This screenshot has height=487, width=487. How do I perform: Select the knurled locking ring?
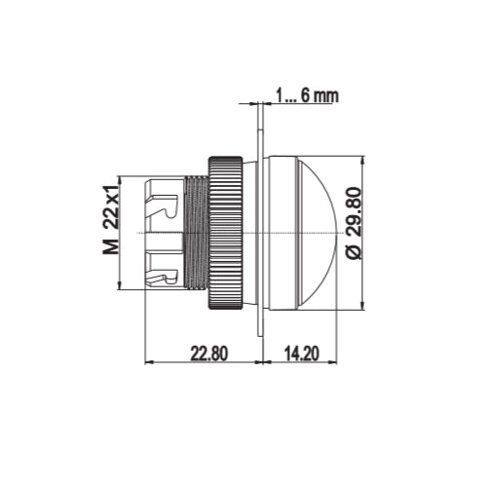(x=227, y=234)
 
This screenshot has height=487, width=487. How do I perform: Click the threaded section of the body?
(x=195, y=234)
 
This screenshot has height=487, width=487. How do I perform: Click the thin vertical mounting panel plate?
(x=258, y=234)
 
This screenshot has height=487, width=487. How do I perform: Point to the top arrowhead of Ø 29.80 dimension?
(x=362, y=158)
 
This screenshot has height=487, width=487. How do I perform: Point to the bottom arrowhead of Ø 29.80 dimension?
(x=362, y=310)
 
